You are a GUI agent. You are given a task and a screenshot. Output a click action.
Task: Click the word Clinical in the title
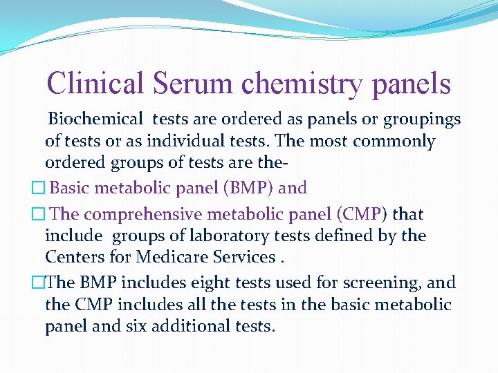95,84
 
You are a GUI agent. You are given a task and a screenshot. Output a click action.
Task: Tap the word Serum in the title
194,84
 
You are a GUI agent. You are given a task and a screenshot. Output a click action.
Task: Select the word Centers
73,257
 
